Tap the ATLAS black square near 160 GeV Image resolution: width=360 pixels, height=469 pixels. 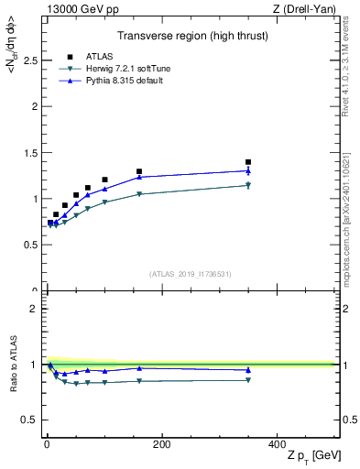tap(139, 171)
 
